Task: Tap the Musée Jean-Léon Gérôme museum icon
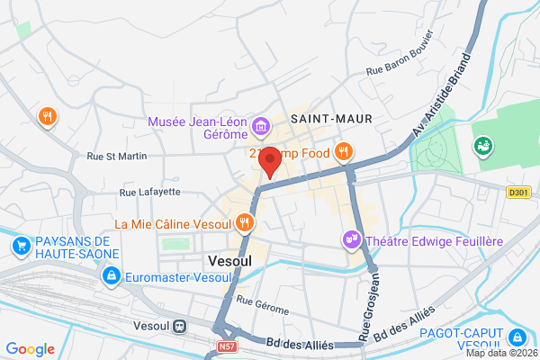(261, 127)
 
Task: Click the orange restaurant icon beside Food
(342, 152)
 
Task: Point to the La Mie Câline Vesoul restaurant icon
(244, 222)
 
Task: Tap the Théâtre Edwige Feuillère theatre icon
(350, 238)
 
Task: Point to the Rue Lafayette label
(150, 192)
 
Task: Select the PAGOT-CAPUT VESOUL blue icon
(517, 337)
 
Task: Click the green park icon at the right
(482, 144)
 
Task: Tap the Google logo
(30, 349)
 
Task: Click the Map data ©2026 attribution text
(499, 353)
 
